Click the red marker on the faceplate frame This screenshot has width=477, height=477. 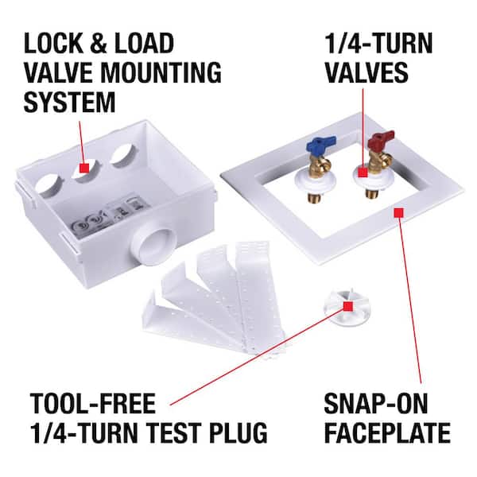click(397, 211)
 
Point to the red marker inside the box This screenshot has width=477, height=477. click(82, 168)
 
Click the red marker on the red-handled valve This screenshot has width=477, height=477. click(362, 171)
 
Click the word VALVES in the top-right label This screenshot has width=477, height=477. click(365, 73)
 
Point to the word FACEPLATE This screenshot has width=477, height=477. click(388, 435)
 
